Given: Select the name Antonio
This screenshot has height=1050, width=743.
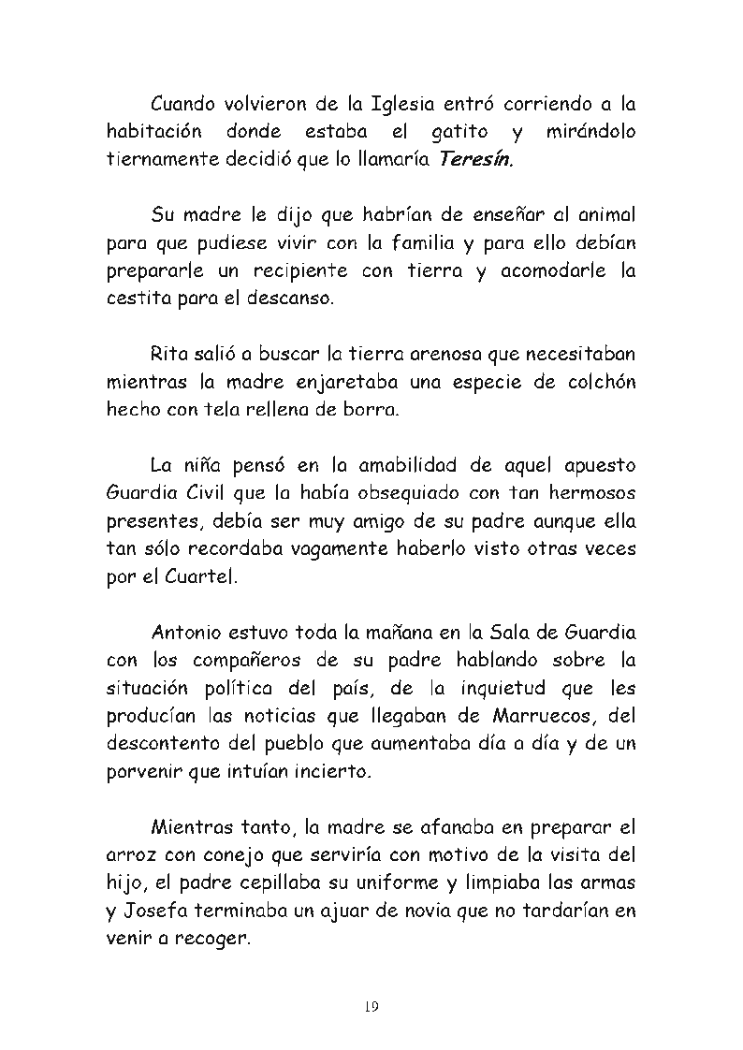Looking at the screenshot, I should tap(187, 632).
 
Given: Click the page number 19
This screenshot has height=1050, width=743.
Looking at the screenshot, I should tap(371, 1007).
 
